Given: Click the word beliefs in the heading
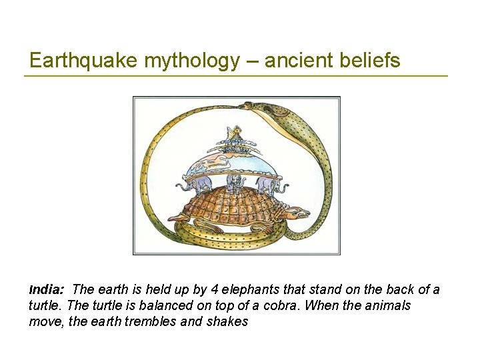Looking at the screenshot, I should (x=372, y=61).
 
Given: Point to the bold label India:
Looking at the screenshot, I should (x=46, y=290).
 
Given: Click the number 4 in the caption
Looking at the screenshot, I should (x=195, y=290).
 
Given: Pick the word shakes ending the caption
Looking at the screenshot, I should (x=229, y=321).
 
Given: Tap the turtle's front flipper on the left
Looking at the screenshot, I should (x=181, y=216).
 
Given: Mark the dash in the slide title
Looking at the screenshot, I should (x=252, y=61).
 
